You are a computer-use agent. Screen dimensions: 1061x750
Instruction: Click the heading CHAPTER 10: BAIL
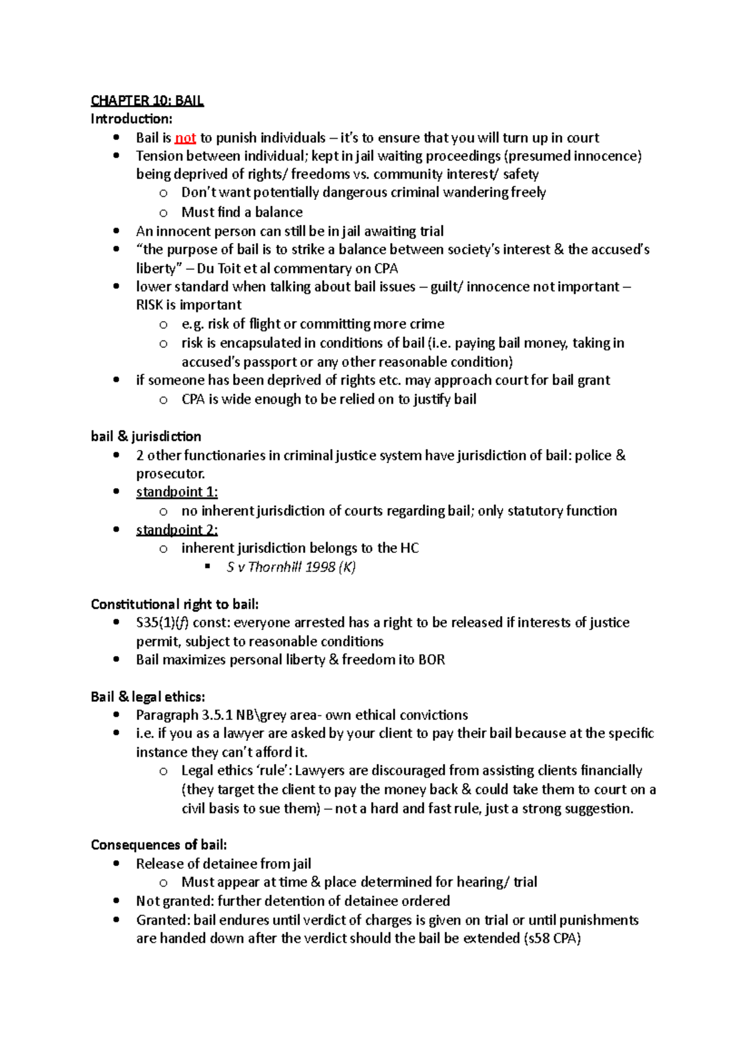(x=147, y=101)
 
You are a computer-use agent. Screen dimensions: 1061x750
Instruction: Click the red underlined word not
(x=186, y=138)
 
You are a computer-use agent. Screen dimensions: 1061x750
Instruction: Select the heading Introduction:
(x=131, y=119)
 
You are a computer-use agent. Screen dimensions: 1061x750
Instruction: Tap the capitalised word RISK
(x=149, y=305)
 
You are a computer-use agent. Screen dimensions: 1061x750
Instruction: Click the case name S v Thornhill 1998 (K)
(x=291, y=567)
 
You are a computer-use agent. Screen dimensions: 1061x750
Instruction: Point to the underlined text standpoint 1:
(x=177, y=492)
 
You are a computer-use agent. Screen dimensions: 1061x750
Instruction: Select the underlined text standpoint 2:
(x=177, y=530)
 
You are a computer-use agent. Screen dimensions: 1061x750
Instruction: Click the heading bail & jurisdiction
(x=146, y=436)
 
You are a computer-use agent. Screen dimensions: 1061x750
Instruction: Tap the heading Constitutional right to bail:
(x=174, y=604)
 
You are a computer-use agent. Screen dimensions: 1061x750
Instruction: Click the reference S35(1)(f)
(x=162, y=623)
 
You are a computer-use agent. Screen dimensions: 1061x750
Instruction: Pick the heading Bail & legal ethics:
(x=147, y=697)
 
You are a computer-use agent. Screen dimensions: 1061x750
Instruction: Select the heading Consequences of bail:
(x=159, y=845)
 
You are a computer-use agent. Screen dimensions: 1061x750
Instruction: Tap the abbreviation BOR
(x=431, y=660)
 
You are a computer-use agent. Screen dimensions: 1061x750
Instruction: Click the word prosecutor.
(x=170, y=474)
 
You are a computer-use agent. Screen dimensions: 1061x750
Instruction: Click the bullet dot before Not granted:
(x=116, y=900)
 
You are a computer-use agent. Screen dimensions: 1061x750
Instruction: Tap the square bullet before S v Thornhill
(x=208, y=567)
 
